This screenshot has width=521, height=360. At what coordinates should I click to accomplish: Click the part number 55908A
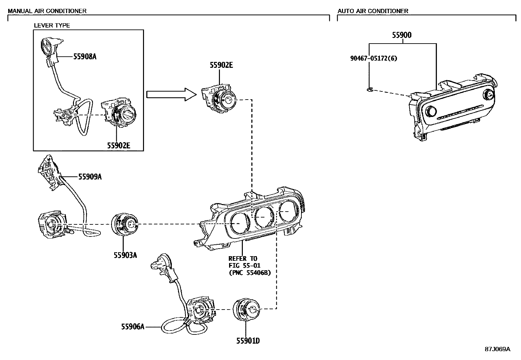[85, 57]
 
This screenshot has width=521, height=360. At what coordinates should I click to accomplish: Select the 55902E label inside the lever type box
[118, 145]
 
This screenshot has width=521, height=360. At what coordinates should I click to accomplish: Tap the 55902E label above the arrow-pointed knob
[221, 65]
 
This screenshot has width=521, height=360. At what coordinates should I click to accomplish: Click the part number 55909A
[90, 177]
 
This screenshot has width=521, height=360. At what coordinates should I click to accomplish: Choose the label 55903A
[125, 255]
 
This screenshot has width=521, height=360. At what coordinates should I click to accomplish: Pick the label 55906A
[133, 327]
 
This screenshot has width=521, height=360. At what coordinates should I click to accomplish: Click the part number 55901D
[248, 341]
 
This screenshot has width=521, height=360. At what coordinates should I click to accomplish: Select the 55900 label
[402, 35]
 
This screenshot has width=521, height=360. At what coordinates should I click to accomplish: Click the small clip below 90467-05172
[369, 89]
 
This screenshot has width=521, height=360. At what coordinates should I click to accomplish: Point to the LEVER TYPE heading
[52, 25]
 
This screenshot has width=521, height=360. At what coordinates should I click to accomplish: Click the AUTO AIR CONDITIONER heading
[373, 11]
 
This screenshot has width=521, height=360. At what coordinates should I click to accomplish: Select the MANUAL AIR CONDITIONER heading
[47, 11]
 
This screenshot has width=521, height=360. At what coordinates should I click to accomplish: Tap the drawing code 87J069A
[497, 349]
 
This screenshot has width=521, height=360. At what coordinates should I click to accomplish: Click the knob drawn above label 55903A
[125, 224]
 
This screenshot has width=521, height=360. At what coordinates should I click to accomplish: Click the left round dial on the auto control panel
[431, 112]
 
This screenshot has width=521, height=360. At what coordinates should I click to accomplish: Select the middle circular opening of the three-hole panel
[264, 217]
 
